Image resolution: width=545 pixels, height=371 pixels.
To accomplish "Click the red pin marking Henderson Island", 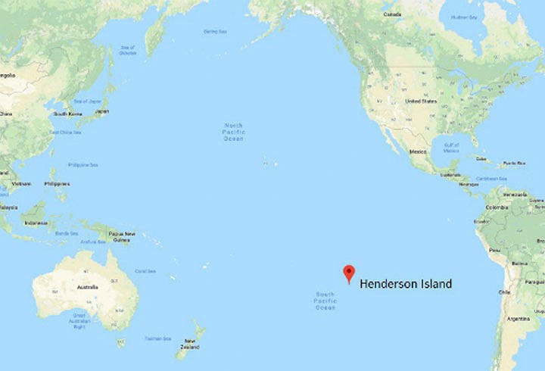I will pyautogui.click(x=348, y=273).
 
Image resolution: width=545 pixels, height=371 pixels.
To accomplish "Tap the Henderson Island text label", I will pyautogui.click(x=405, y=284).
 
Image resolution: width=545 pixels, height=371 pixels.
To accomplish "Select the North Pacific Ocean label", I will pyautogui.click(x=234, y=132).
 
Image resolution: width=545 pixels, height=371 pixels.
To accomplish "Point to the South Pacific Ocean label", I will pyautogui.click(x=325, y=301).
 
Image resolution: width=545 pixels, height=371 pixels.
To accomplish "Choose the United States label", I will pyautogui.click(x=422, y=101).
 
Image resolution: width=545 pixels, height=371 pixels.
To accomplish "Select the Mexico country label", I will pyautogui.click(x=418, y=151).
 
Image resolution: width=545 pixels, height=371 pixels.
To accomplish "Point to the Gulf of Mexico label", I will pyautogui.click(x=451, y=148).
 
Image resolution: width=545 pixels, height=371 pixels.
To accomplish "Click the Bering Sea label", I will pyautogui.click(x=215, y=31).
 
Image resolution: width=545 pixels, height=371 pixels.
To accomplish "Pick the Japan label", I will pyautogui.click(x=101, y=111).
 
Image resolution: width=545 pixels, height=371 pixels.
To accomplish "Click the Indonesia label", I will pyautogui.click(x=36, y=223).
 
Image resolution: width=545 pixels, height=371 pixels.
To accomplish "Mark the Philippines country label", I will pyautogui.click(x=58, y=183).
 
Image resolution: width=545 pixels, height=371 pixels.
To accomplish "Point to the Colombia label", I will pyautogui.click(x=497, y=207).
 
